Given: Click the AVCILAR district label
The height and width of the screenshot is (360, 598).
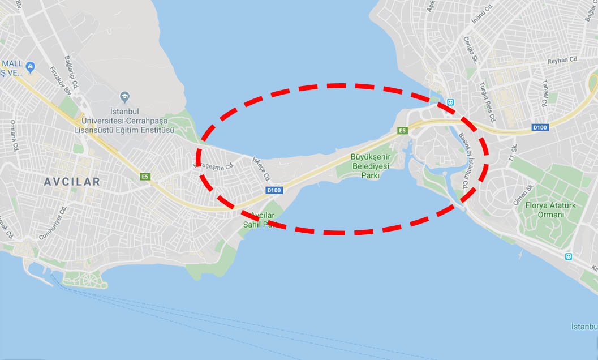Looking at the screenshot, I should (x=73, y=182).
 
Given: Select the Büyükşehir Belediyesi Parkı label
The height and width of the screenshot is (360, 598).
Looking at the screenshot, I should (x=371, y=166).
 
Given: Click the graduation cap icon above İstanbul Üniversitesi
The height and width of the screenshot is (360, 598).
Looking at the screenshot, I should (x=124, y=97).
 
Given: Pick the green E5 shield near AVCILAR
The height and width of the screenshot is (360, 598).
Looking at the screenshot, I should (x=145, y=177).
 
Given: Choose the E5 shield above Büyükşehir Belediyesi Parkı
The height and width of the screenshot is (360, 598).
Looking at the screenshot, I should (x=402, y=130).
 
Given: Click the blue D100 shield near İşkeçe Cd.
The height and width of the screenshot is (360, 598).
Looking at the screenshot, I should (x=274, y=190).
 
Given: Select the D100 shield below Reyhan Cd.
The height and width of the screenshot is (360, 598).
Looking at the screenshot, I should (x=540, y=128).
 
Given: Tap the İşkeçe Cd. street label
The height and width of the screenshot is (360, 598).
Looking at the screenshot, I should (x=261, y=169).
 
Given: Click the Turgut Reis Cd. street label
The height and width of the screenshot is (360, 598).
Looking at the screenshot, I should (x=487, y=102).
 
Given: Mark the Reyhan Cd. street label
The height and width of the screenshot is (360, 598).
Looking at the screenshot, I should (x=563, y=59).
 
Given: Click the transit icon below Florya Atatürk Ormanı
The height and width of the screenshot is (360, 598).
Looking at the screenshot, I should (x=568, y=256).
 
